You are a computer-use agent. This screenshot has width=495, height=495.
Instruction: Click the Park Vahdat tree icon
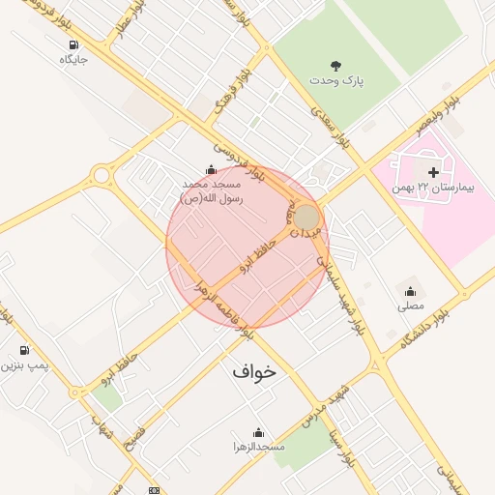coord(335,66)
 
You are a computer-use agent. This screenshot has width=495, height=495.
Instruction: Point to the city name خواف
coord(254,370)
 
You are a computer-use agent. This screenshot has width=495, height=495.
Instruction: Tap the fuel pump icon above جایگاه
coord(74,44)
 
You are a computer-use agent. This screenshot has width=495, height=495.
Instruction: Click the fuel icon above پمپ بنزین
coord(24,350)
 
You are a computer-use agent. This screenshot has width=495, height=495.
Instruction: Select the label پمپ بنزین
coord(24,366)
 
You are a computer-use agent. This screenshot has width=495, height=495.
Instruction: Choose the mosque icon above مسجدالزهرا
coord(258,432)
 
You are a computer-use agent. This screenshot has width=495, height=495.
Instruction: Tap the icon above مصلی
coord(410,291)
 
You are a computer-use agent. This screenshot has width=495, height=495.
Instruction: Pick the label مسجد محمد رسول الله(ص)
coord(214,189)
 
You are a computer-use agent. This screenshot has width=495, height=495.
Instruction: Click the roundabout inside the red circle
coord(306,217)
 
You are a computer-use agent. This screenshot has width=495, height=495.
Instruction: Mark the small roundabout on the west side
coord(101,175)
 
